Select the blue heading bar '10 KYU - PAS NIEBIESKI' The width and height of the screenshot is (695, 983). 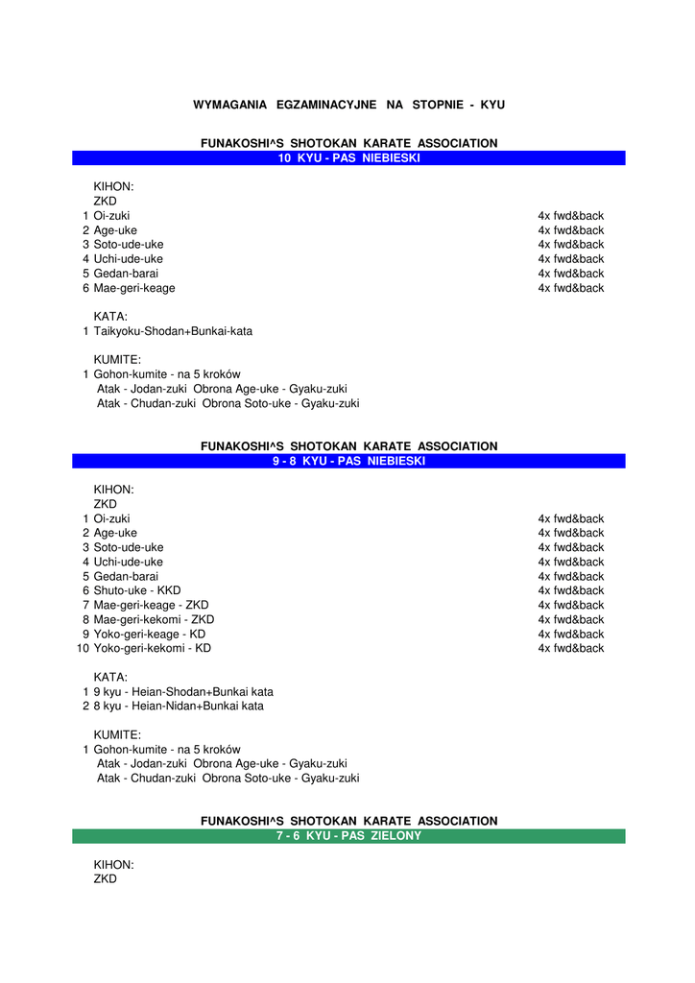click(x=348, y=158)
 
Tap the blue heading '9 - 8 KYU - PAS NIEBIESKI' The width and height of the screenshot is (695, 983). click(x=348, y=461)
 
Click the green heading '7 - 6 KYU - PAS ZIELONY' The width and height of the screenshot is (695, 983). click(x=348, y=836)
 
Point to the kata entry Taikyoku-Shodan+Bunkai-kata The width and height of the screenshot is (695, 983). click(x=173, y=331)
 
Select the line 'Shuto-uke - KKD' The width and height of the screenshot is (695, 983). click(x=137, y=590)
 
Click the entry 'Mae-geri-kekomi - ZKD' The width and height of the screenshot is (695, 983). click(x=154, y=619)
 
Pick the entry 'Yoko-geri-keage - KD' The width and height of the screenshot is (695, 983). click(x=149, y=634)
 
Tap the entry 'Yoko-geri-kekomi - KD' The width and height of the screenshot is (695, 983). click(x=152, y=648)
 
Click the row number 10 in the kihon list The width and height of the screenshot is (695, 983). click(x=83, y=648)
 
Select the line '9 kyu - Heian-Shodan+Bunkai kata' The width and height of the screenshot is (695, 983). click(x=183, y=691)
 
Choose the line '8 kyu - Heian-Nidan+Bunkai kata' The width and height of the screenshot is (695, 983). click(x=179, y=706)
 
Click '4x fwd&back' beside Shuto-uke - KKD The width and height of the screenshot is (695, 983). click(x=570, y=590)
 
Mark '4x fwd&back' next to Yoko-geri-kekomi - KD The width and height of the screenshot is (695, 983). click(x=570, y=648)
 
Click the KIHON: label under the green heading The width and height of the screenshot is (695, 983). click(x=113, y=865)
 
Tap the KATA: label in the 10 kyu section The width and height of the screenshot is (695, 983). click(x=110, y=317)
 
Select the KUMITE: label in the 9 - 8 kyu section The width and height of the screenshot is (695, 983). click(x=117, y=735)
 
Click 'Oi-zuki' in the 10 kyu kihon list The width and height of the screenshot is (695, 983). click(x=111, y=216)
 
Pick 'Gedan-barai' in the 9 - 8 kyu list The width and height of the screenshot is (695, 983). click(x=126, y=576)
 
